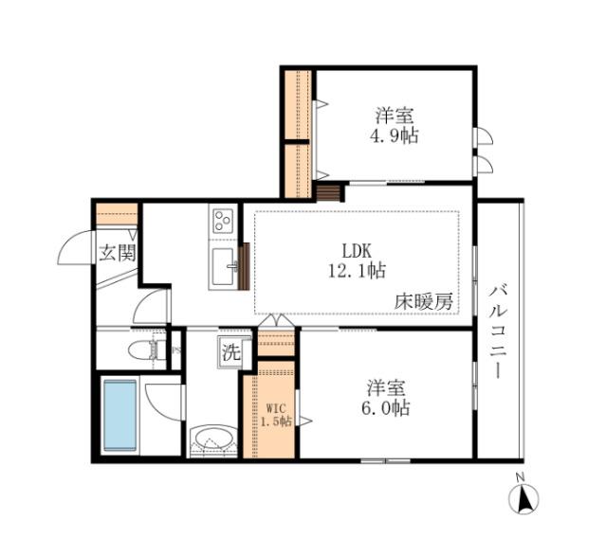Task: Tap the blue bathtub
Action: pyautogui.click(x=120, y=415)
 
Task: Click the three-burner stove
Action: pyautogui.click(x=223, y=222)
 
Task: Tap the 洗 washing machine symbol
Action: pyautogui.click(x=231, y=350)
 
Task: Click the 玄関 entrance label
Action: pyautogui.click(x=118, y=253)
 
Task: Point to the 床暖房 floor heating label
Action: pyautogui.click(x=423, y=302)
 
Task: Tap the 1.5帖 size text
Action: pyautogui.click(x=276, y=420)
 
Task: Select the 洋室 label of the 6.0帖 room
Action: pyautogui.click(x=386, y=388)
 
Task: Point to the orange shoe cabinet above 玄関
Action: pyautogui.click(x=116, y=214)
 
